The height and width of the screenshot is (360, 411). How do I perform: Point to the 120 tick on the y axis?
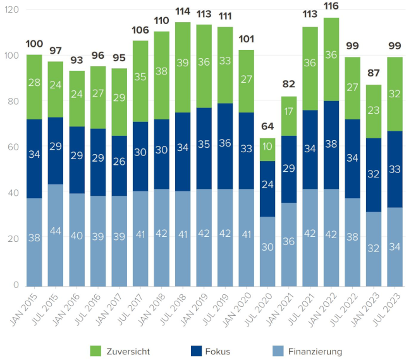[x=11, y=10]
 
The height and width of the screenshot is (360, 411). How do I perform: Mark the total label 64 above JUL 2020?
[x=267, y=126]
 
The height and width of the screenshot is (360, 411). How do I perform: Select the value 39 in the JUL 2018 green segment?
[x=183, y=63]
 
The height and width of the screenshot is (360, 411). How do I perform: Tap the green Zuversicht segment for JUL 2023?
[x=395, y=93]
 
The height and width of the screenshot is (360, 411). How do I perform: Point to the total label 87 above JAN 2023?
[x=374, y=73]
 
